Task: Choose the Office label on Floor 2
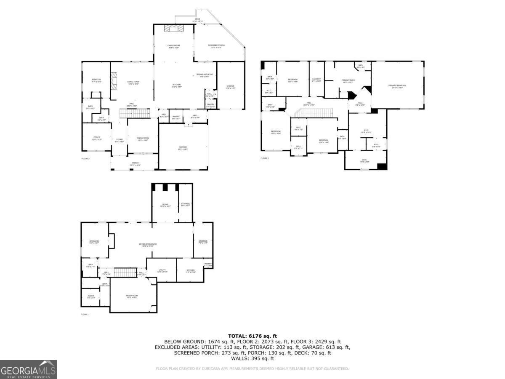click(97, 139)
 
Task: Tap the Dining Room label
click(143, 139)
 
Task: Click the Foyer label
click(120, 140)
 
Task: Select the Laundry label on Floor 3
click(317, 80)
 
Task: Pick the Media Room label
click(132, 296)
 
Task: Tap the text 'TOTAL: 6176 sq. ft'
click(252, 336)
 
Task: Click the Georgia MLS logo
click(28, 369)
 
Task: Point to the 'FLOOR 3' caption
click(264, 158)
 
